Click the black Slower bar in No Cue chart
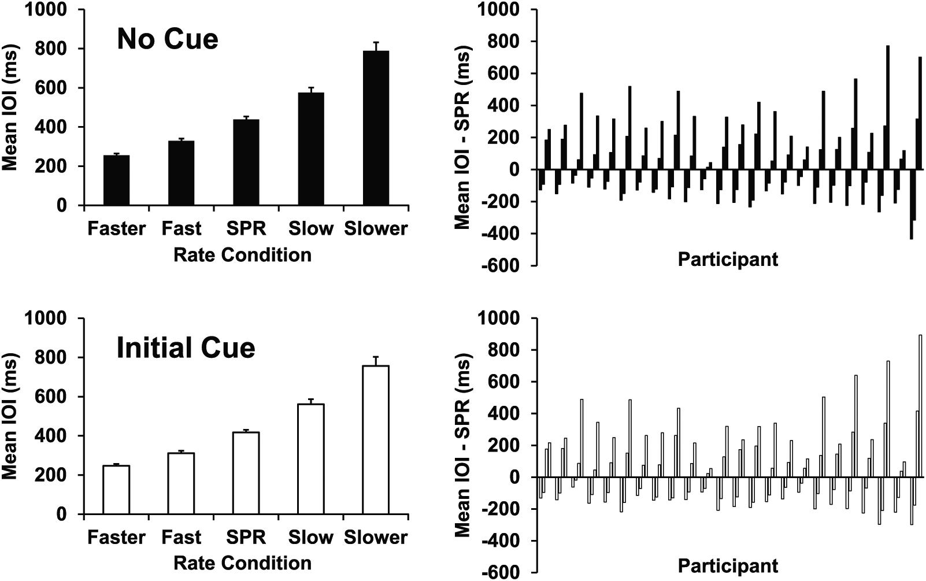click(376, 128)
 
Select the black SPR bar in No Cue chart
click(246, 162)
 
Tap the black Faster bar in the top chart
click(116, 180)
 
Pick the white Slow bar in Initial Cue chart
click(311, 459)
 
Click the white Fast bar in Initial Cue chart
click(181, 484)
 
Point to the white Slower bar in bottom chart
click(376, 440)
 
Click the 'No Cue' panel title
click(168, 40)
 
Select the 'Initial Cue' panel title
click(186, 348)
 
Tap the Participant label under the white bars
click(728, 566)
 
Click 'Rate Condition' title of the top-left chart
click(242, 255)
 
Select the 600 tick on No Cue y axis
click(51, 88)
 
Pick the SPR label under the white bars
click(246, 538)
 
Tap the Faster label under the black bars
click(117, 229)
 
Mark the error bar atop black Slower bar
click(376, 46)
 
